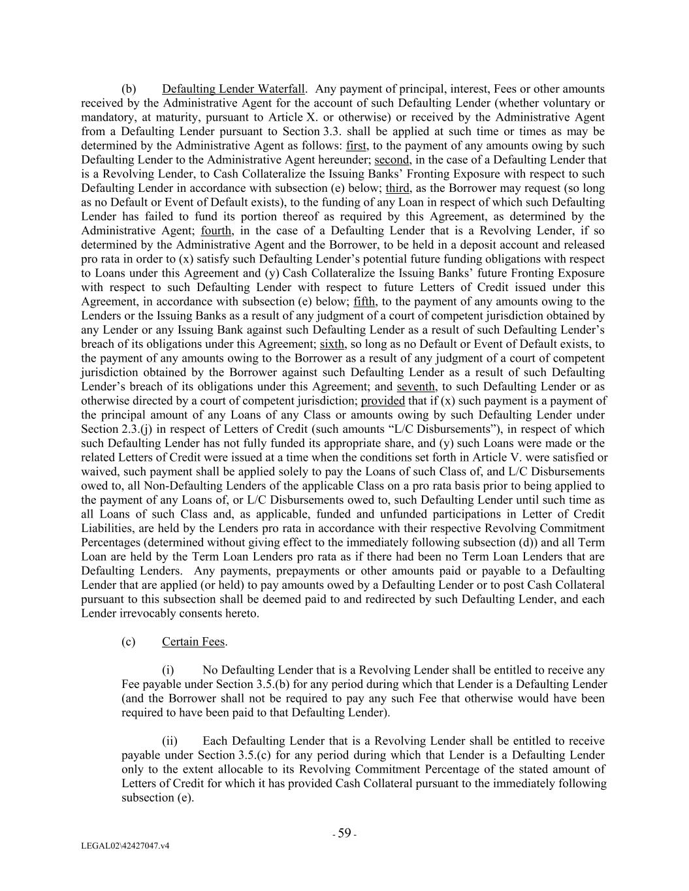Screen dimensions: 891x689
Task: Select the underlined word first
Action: click(x=357, y=146)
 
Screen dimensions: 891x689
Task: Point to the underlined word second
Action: click(x=392, y=160)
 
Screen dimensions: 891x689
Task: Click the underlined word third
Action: click(x=397, y=188)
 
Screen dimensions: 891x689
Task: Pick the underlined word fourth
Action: click(x=216, y=230)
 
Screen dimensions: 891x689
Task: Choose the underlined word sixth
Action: click(x=332, y=344)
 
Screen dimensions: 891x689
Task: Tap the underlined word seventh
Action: click(x=415, y=386)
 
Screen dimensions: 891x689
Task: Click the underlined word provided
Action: click(x=383, y=401)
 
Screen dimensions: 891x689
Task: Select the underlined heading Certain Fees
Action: click(x=193, y=642)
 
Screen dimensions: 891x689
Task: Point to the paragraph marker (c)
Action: click(x=128, y=642)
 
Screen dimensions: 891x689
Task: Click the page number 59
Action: click(x=344, y=833)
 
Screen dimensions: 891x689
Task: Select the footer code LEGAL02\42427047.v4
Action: click(x=125, y=846)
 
